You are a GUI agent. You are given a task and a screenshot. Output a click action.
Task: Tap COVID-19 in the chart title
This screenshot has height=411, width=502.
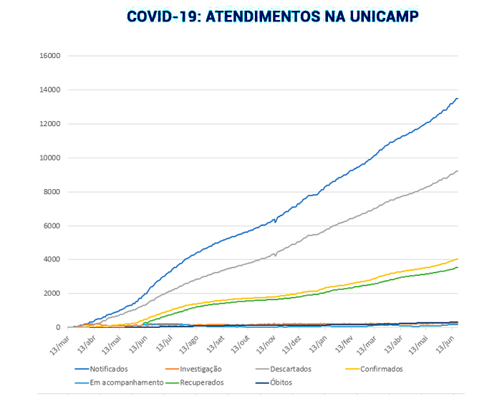163,16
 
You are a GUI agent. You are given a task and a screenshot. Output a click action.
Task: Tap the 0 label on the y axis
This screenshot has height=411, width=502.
58,328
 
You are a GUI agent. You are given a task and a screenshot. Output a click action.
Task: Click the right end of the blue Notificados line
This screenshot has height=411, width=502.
458,99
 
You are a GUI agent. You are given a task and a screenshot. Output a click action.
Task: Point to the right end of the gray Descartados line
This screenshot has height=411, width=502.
458,171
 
